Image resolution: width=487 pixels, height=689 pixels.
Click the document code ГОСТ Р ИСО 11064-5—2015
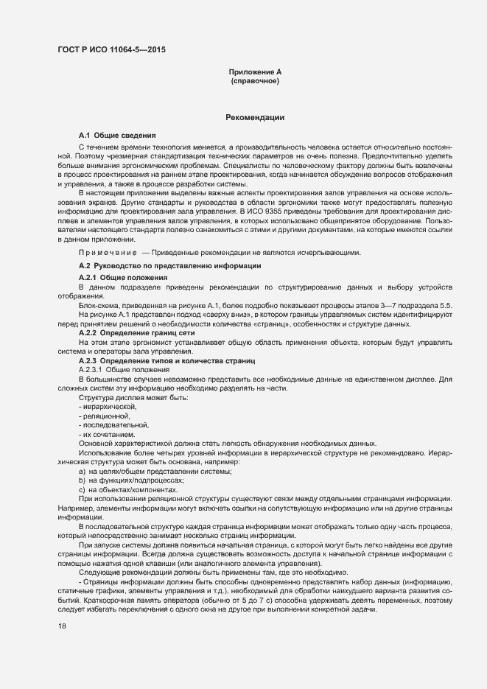point(111,49)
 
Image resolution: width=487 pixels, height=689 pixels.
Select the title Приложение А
point(255,71)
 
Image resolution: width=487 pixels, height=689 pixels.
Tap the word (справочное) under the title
point(255,80)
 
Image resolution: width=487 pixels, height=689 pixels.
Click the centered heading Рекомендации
point(255,118)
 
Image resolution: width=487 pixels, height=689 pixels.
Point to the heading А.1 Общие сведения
point(117,136)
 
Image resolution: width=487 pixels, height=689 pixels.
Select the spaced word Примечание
point(102,253)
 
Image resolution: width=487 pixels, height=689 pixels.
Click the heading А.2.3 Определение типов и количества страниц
point(167,361)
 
